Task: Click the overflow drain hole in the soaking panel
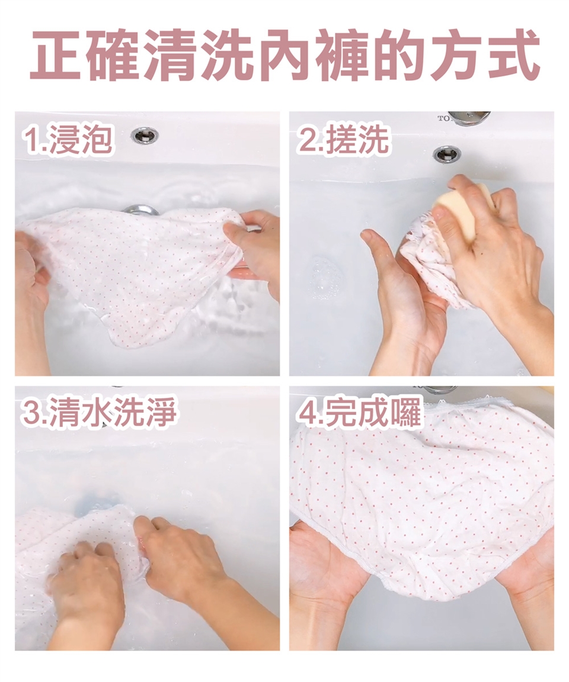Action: pos(145,135)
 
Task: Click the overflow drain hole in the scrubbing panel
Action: pos(447,153)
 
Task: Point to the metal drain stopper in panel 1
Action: pos(140,210)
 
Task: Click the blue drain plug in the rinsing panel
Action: pos(95,502)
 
